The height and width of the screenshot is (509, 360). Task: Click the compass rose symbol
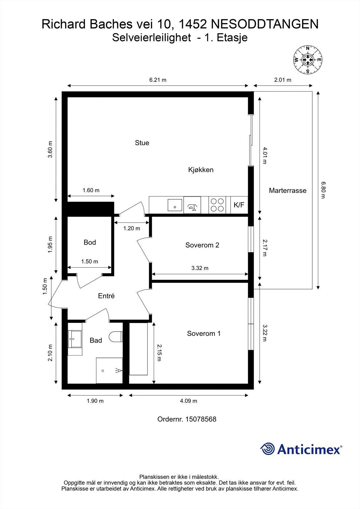pyautogui.click(x=307, y=59)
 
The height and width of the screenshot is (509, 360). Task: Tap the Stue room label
pyautogui.click(x=142, y=143)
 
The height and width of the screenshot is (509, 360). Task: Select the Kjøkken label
pyautogui.click(x=201, y=170)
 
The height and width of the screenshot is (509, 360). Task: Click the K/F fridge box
pyautogui.click(x=239, y=205)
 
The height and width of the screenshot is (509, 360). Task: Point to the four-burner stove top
pyautogui.click(x=217, y=205)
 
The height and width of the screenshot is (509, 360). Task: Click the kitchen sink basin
pyautogui.click(x=175, y=205)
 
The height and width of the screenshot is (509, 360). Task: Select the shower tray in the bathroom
pyautogui.click(x=109, y=371)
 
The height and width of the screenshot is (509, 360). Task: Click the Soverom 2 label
pyautogui.click(x=202, y=245)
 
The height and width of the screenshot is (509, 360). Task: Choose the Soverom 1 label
pyautogui.click(x=204, y=333)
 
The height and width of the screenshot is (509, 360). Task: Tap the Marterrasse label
pyautogui.click(x=287, y=191)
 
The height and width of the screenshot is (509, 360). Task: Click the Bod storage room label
pyautogui.click(x=90, y=242)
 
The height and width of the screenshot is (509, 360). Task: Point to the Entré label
pyautogui.click(x=106, y=296)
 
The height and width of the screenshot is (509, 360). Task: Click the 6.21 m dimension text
pyautogui.click(x=158, y=80)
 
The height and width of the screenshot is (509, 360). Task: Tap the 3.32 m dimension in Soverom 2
pyautogui.click(x=200, y=268)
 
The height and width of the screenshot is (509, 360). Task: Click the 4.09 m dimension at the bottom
pyautogui.click(x=188, y=401)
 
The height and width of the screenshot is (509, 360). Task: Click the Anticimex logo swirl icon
pyautogui.click(x=268, y=449)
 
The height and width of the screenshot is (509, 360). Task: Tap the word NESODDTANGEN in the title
pyautogui.click(x=265, y=24)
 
